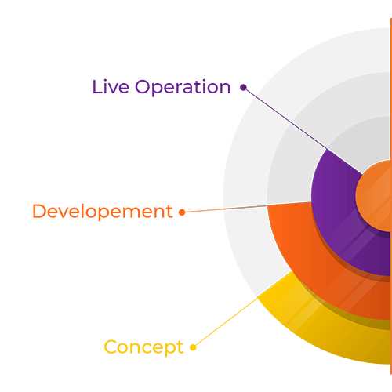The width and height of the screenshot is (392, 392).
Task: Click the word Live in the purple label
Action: pos(111,86)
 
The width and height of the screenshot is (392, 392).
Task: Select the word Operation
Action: pos(183,87)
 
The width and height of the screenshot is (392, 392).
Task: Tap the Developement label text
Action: pos(103,212)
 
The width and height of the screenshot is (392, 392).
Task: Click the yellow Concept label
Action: pos(143,347)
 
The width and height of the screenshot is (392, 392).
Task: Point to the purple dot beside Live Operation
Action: pos(243,87)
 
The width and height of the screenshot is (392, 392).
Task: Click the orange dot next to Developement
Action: pos(182,212)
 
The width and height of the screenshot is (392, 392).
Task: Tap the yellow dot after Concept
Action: pos(193,347)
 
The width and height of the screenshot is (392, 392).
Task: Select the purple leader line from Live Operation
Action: pos(303,131)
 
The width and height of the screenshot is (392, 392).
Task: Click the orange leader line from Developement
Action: pos(246,207)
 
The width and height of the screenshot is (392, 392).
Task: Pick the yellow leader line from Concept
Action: pos(226,322)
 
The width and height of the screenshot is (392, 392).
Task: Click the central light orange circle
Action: pos(375,196)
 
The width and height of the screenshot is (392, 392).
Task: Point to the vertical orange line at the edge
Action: pos(391,196)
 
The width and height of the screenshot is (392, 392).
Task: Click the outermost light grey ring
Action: pos(245,157)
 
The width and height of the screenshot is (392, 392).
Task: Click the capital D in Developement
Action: pos(39,211)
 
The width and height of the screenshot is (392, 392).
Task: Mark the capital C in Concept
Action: pos(111,347)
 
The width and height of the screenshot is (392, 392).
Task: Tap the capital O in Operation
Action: pos(143,87)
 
